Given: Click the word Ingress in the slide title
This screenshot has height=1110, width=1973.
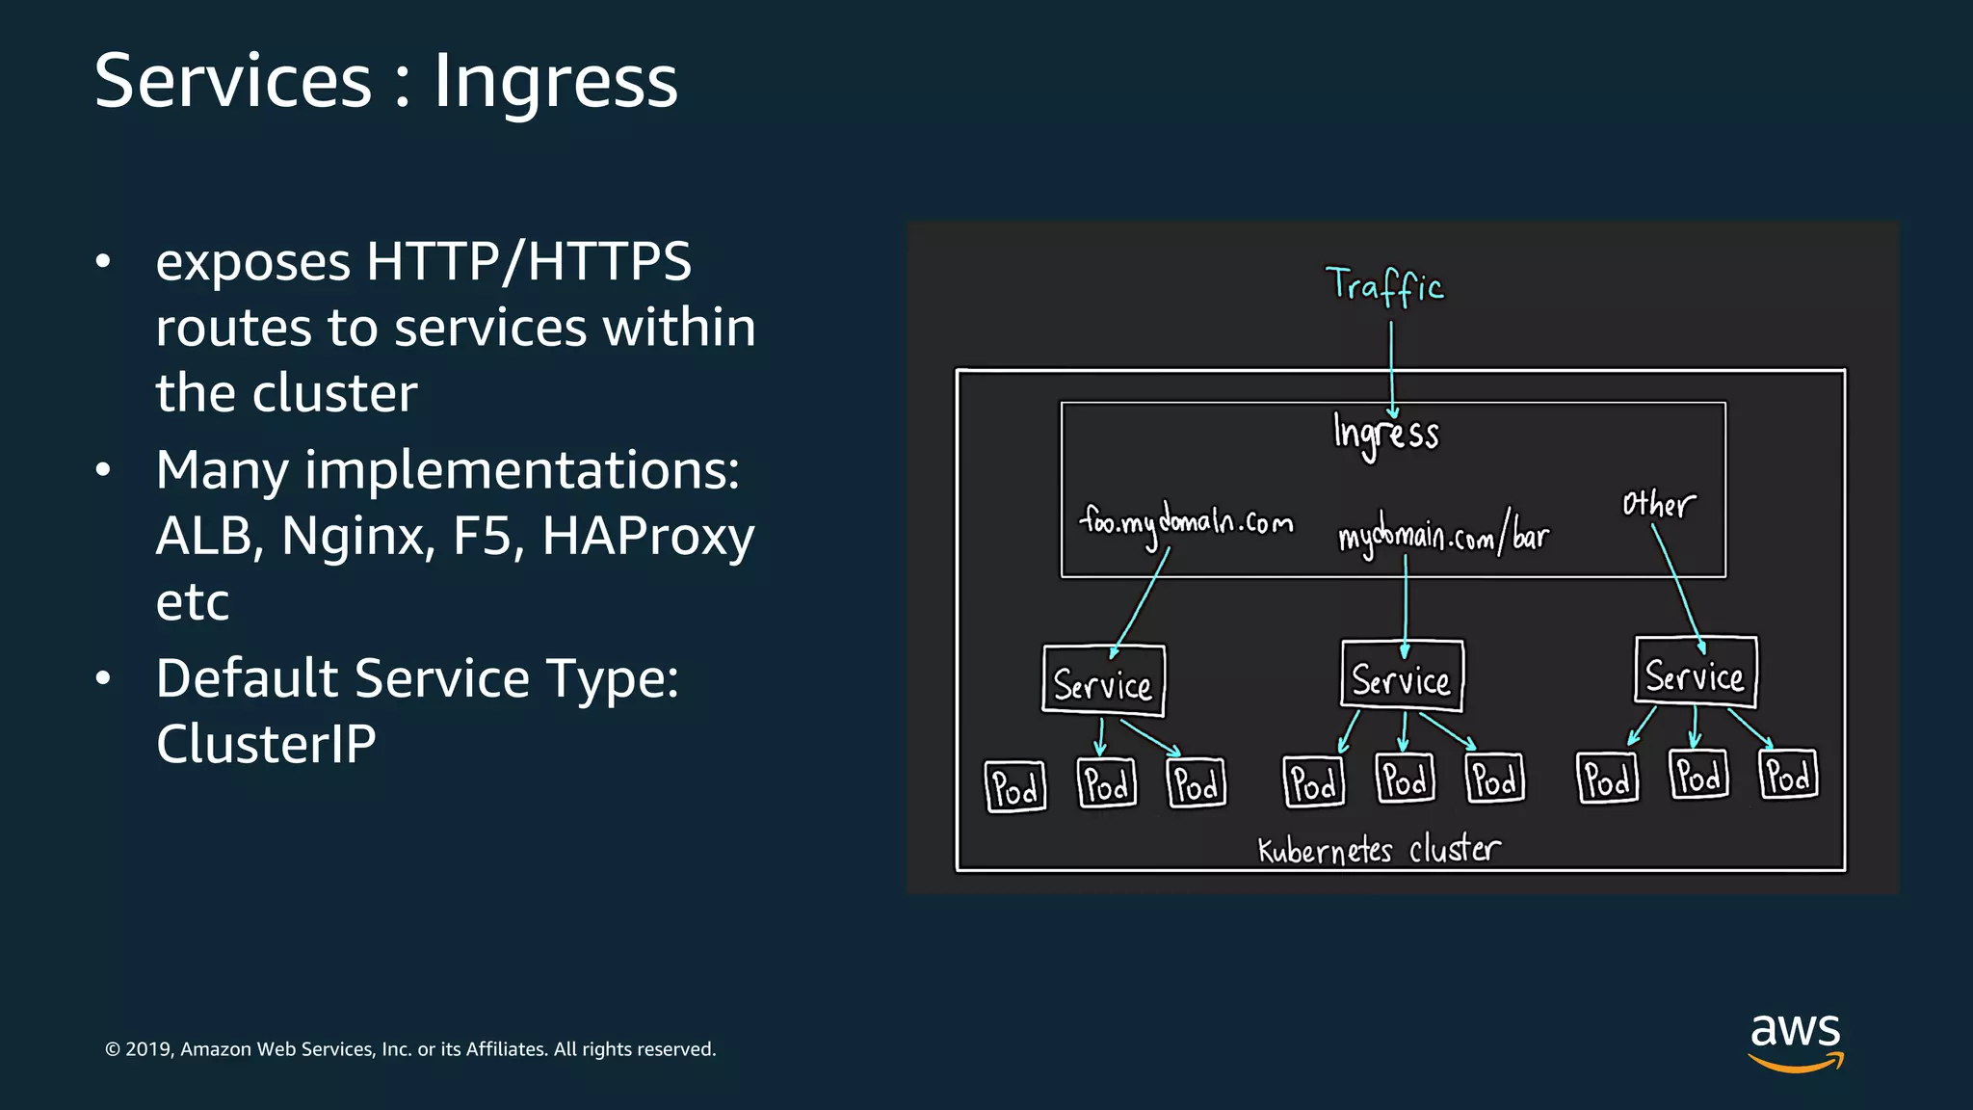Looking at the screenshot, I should click(x=555, y=82).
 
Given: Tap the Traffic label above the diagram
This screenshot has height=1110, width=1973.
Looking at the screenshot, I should click(x=1384, y=286).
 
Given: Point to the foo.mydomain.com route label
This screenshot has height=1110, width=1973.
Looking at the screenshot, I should click(x=1186, y=523).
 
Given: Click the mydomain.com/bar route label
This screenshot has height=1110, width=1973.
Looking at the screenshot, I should click(x=1443, y=535).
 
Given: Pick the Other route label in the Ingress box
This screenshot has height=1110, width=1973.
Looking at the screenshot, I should click(x=1658, y=504).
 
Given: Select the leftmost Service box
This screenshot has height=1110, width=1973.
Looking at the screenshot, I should click(x=1103, y=681).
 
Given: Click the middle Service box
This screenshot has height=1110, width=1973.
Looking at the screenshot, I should click(x=1402, y=677).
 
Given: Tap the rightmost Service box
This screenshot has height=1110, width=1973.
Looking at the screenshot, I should click(x=1696, y=673).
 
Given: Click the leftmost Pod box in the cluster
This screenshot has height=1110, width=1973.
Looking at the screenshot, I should click(x=1015, y=786).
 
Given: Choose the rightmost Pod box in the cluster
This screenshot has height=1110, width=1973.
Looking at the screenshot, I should click(x=1789, y=775).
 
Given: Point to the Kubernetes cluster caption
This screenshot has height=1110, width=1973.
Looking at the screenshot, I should click(x=1379, y=850).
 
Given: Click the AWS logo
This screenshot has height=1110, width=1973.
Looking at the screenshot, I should click(x=1795, y=1041).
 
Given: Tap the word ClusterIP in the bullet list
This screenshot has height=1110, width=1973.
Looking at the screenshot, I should click(x=266, y=744).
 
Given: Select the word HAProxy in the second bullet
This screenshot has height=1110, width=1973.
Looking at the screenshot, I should click(x=647, y=536).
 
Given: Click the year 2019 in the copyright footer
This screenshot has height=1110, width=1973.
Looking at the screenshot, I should click(x=147, y=1049).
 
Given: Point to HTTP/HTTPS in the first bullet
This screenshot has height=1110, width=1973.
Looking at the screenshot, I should click(x=529, y=262).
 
